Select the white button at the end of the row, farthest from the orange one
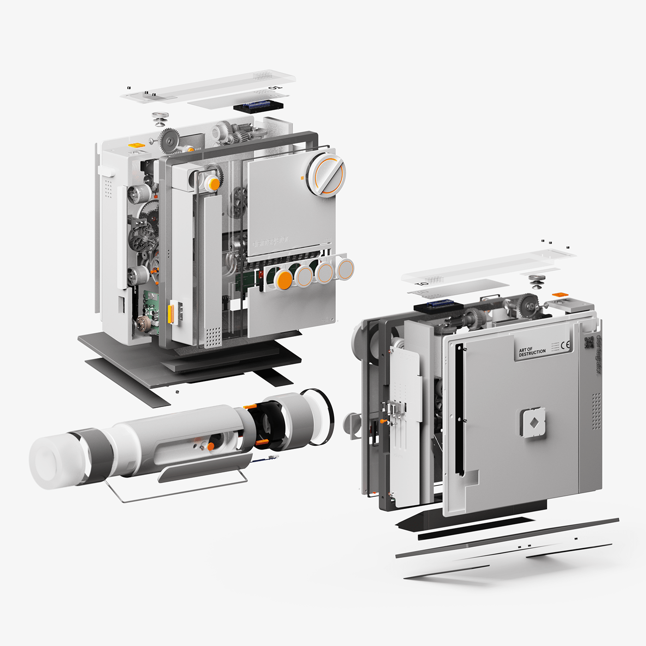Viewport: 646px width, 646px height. [x=345, y=268]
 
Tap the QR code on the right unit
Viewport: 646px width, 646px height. [x=589, y=342]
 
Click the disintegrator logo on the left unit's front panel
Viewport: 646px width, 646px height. [x=271, y=241]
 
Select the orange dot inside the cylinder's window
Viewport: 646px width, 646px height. [x=210, y=446]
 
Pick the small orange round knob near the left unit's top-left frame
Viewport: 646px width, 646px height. [x=214, y=184]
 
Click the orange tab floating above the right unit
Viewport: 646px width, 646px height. [x=560, y=294]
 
